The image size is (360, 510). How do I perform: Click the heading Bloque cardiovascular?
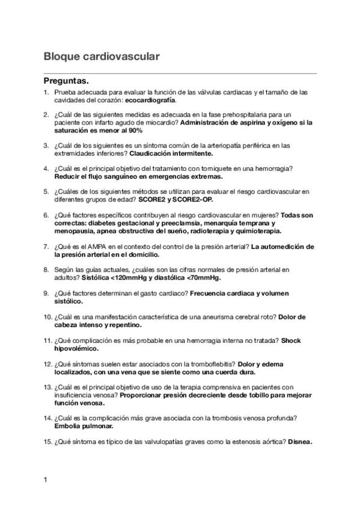click(101, 57)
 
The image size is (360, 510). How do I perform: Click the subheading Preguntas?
click(67, 81)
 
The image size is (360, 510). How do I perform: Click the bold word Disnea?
click(300, 441)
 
